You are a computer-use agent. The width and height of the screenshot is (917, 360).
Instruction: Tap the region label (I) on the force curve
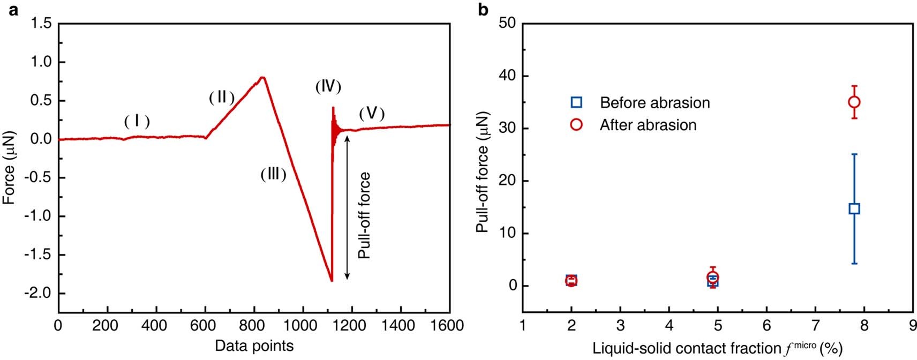point(137,122)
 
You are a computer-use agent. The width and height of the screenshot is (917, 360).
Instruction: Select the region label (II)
point(222,97)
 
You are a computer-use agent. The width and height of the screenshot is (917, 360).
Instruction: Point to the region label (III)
point(273,174)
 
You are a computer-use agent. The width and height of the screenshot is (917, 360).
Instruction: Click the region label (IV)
point(328,86)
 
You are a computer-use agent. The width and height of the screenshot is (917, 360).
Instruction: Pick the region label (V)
point(372,113)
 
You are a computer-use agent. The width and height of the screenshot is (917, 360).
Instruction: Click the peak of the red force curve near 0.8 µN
point(262,78)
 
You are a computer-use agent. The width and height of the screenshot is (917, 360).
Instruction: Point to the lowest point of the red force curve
point(332,280)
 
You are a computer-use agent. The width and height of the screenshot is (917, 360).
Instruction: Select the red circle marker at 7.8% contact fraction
point(854,102)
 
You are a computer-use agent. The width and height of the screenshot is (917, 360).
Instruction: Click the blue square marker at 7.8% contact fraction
point(854,208)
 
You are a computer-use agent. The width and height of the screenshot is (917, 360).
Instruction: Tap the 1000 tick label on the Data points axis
point(303,326)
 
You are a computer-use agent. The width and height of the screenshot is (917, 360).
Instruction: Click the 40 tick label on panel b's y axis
point(506,76)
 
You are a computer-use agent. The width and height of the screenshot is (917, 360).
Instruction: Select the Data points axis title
point(254,346)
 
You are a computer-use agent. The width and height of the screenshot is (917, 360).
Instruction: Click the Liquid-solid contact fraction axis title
point(717,348)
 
